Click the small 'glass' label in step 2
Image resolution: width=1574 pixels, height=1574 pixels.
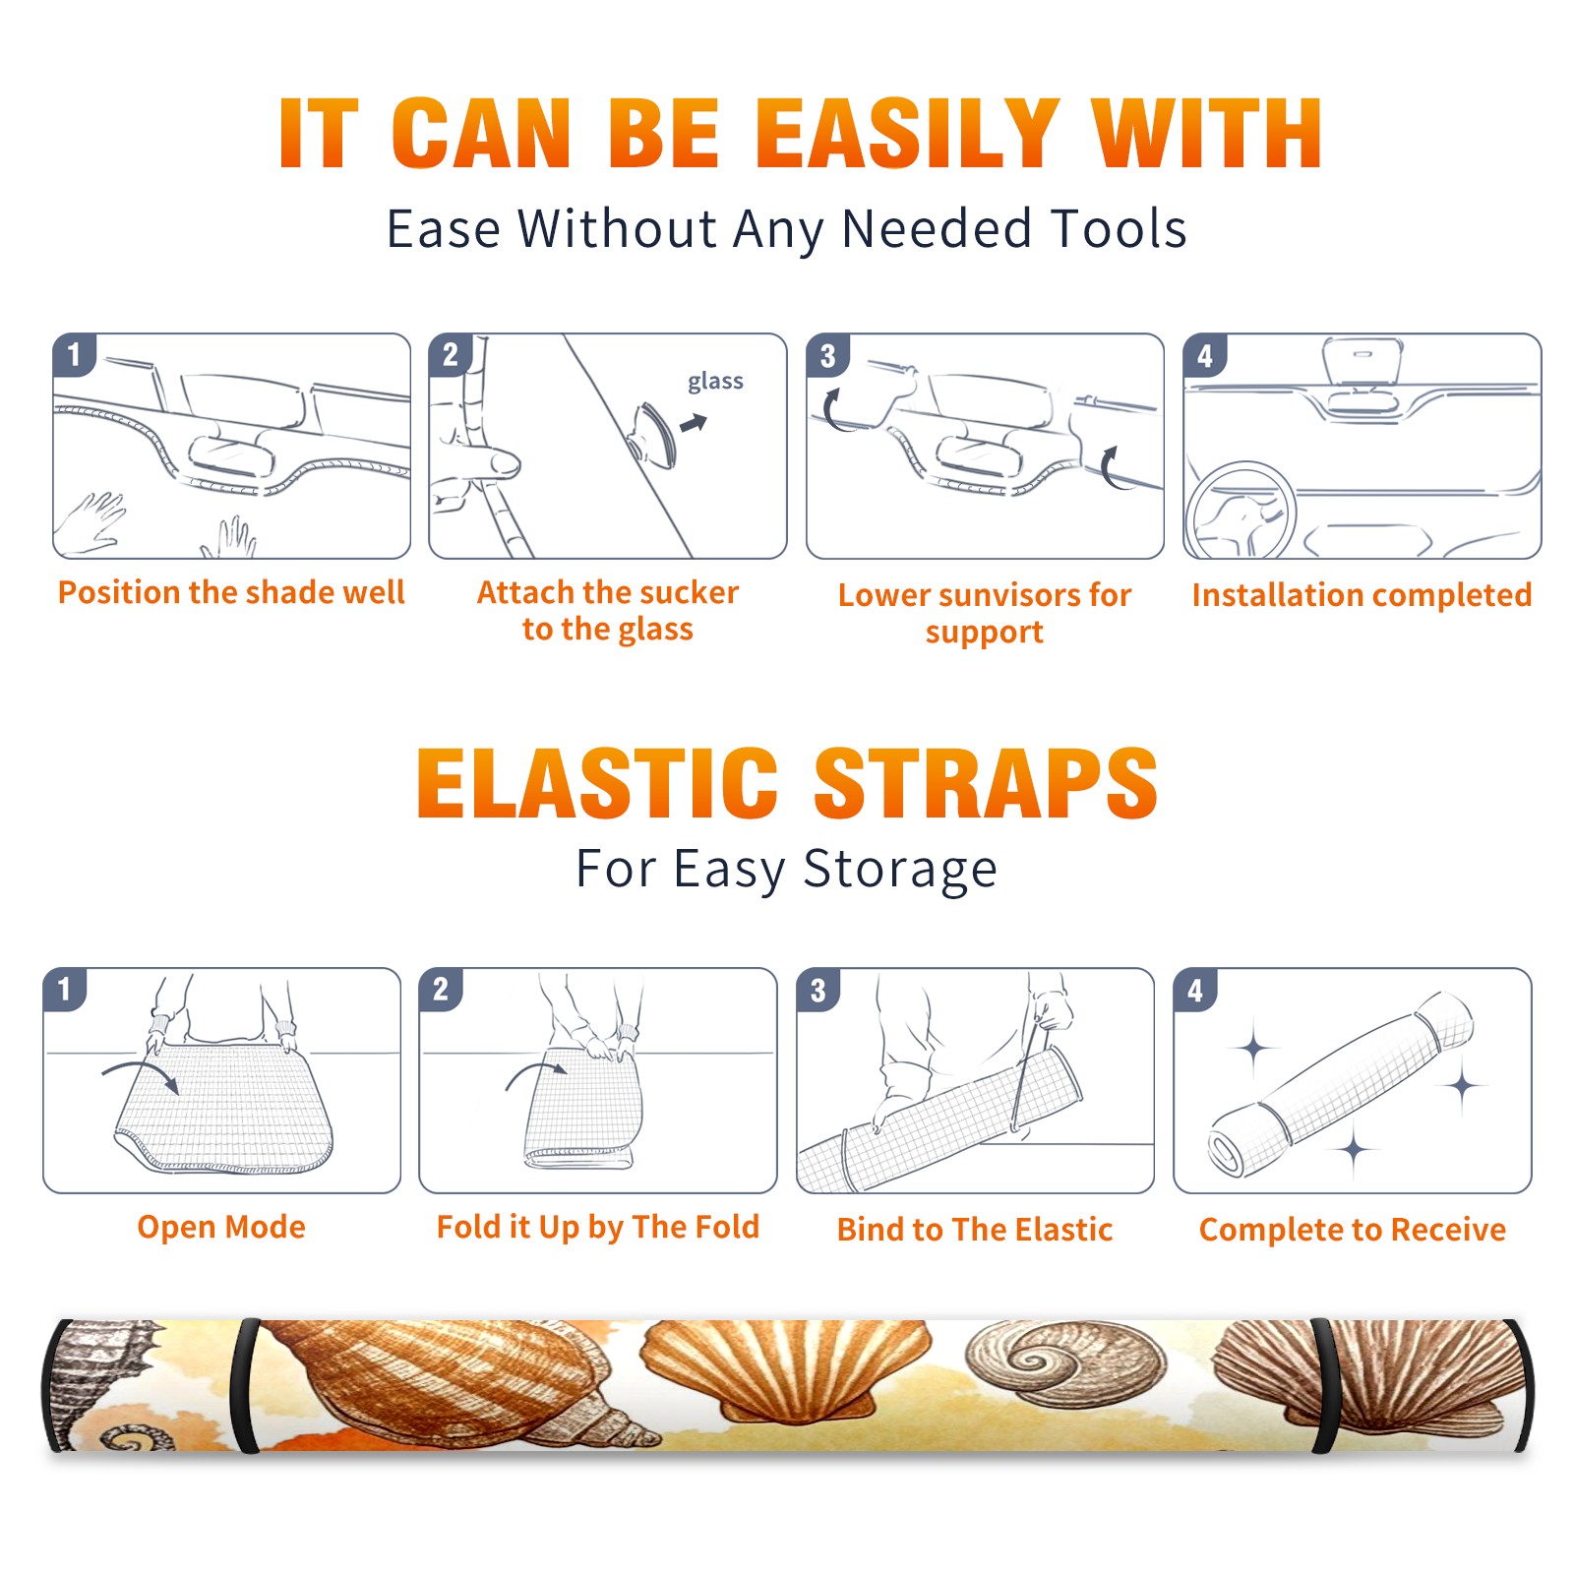coord(715,382)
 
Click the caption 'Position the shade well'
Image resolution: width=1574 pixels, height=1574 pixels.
coord(231,592)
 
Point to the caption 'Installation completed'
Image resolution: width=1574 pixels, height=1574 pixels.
coord(1362,594)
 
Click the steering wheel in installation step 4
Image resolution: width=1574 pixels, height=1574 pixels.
coord(1241,512)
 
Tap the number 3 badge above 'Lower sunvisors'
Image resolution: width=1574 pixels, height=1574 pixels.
coord(827,356)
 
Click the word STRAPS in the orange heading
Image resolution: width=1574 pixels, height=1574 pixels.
coord(986,783)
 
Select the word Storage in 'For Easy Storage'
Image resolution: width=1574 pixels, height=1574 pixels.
coord(900,870)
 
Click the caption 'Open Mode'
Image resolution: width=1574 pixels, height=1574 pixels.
coord(221,1227)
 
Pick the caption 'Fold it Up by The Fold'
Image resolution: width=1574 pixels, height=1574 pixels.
coord(598,1227)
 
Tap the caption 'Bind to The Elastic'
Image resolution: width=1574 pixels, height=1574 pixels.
coord(975,1230)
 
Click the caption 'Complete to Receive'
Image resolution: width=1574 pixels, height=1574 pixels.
coord(1353,1230)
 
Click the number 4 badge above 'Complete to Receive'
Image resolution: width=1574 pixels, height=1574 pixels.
coord(1195,990)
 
